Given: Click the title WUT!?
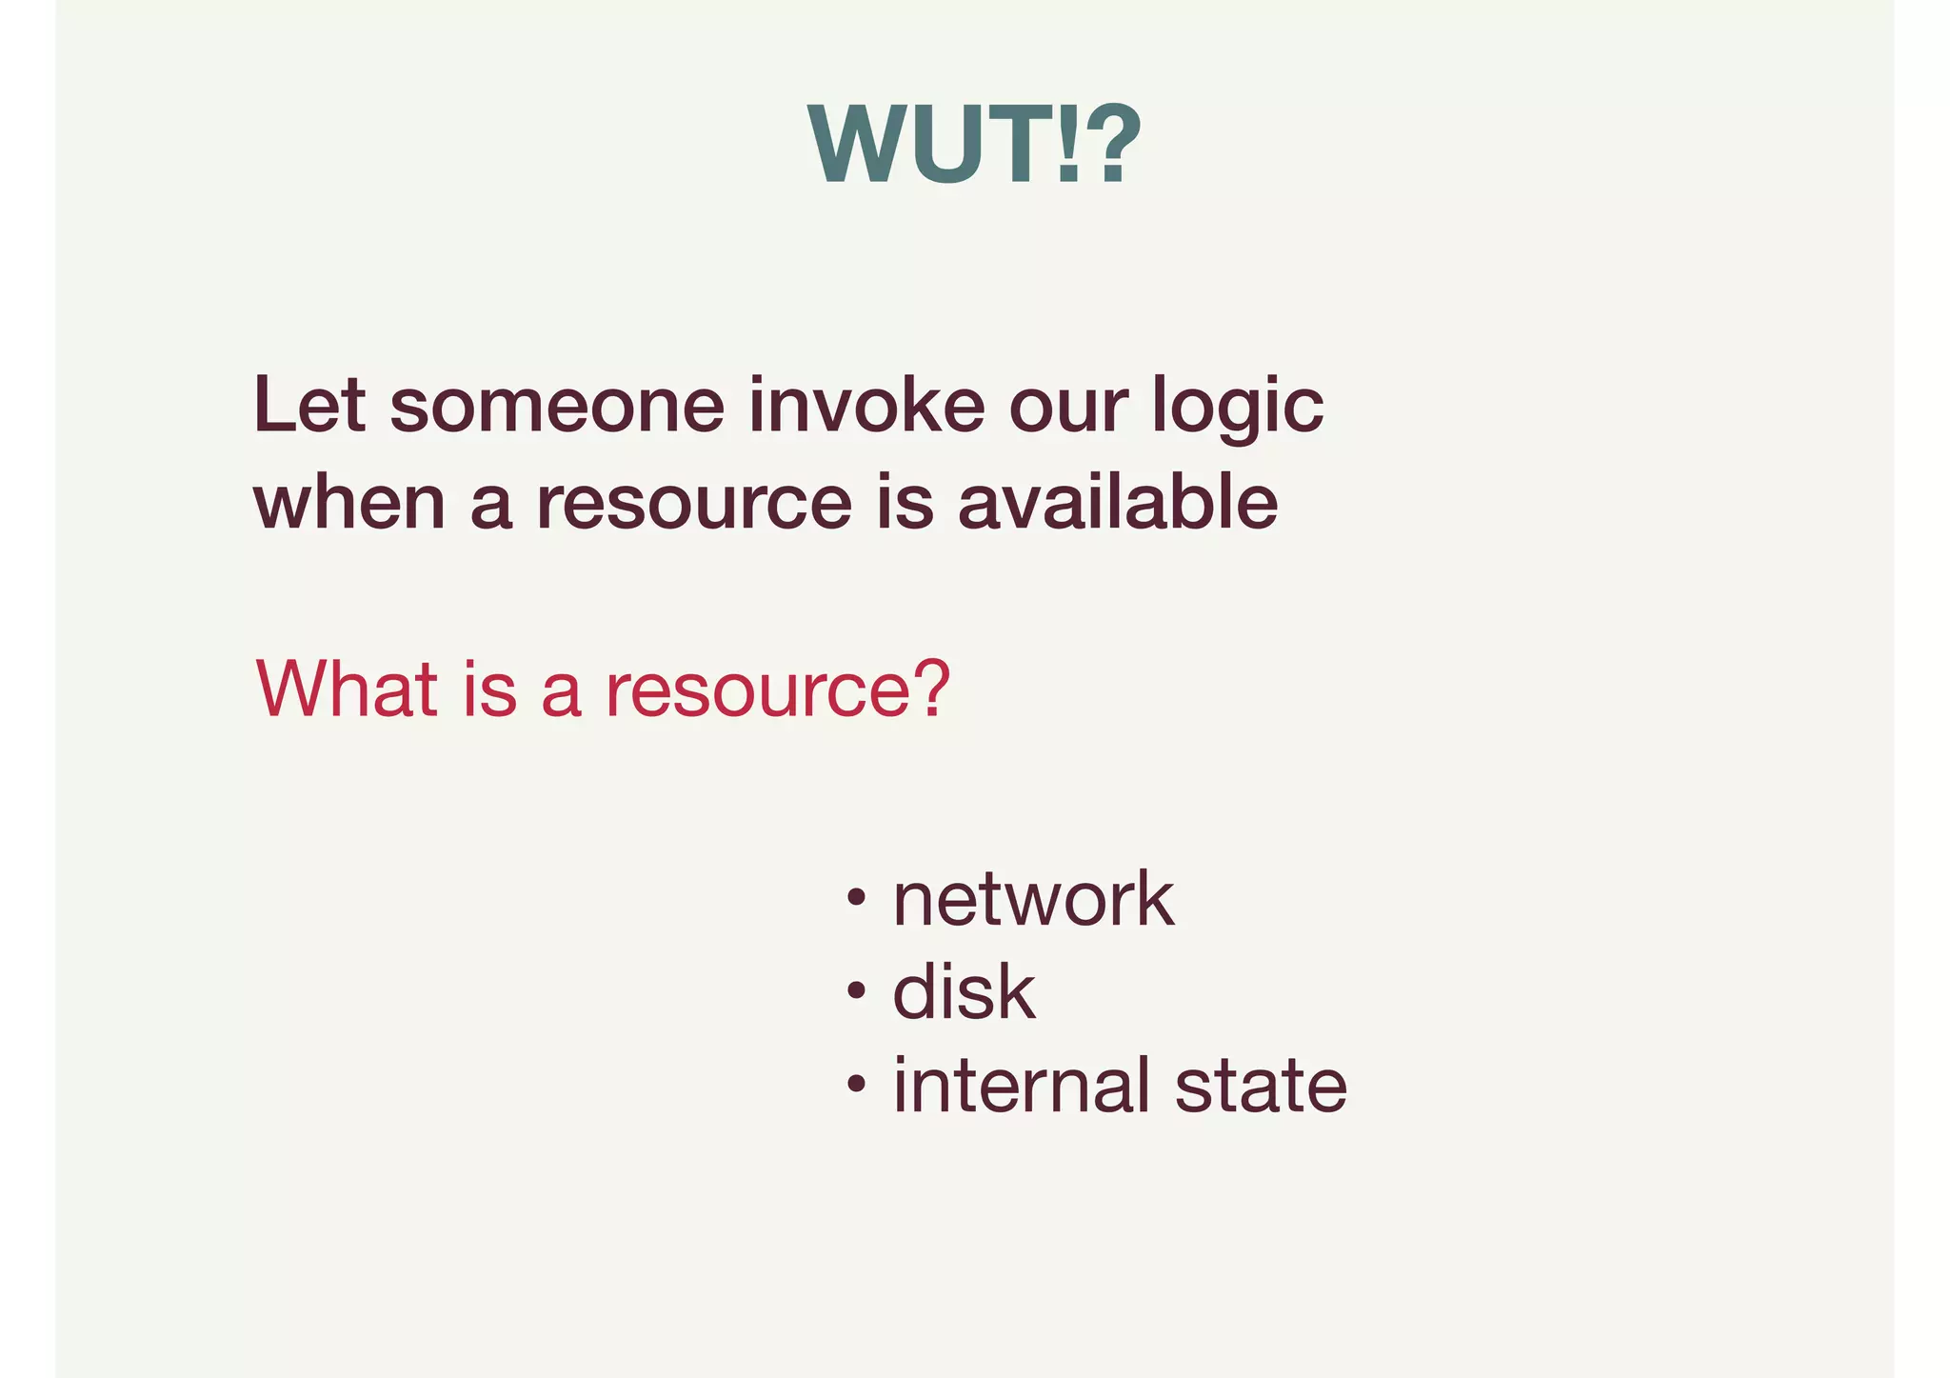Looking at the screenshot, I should [x=973, y=144].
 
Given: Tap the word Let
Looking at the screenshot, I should [x=309, y=406].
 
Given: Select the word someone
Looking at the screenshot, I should [x=557, y=406].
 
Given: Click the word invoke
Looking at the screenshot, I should [x=866, y=406].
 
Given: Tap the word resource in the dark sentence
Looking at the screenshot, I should [x=693, y=505].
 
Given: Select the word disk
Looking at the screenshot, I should [x=964, y=991].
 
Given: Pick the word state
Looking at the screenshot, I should [x=1261, y=1086].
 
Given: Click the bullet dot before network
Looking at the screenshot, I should [x=856, y=898].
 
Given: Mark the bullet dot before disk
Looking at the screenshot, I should [x=856, y=991].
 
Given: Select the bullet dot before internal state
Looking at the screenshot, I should [x=856, y=1084].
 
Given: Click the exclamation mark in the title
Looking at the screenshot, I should [x=1069, y=145].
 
